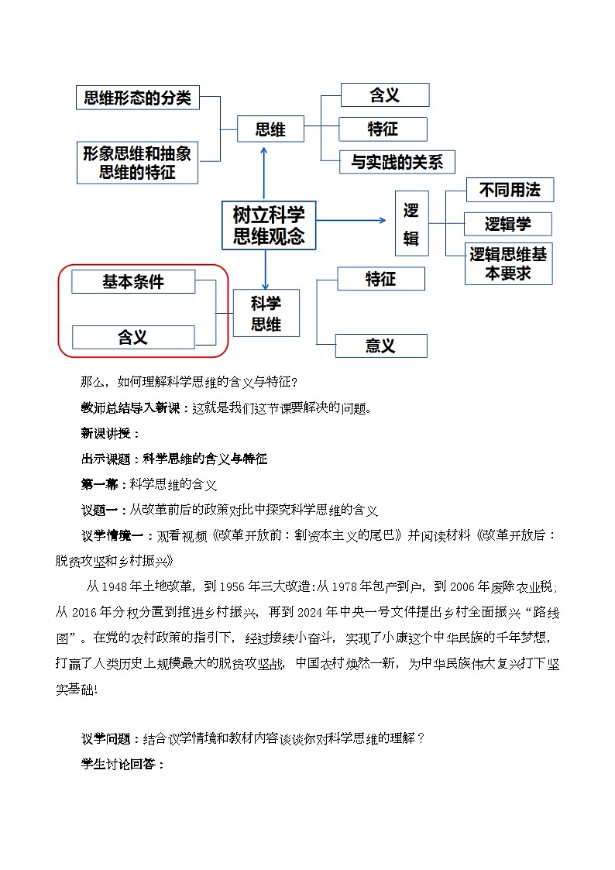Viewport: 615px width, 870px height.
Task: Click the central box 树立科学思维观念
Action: [269, 225]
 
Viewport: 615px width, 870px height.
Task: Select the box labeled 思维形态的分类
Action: [138, 98]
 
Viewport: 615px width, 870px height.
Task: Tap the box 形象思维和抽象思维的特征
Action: [138, 163]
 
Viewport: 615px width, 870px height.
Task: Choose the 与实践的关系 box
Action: [397, 162]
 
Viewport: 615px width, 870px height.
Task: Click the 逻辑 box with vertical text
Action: [411, 223]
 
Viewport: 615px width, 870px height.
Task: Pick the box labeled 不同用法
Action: [510, 189]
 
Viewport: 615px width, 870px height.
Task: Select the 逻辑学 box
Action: [508, 224]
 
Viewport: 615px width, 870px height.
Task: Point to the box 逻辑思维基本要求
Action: [508, 263]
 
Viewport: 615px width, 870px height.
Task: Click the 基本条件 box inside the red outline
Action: [133, 282]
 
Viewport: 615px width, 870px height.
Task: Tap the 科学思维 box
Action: [266, 312]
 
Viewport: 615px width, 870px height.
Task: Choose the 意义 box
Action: [380, 346]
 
